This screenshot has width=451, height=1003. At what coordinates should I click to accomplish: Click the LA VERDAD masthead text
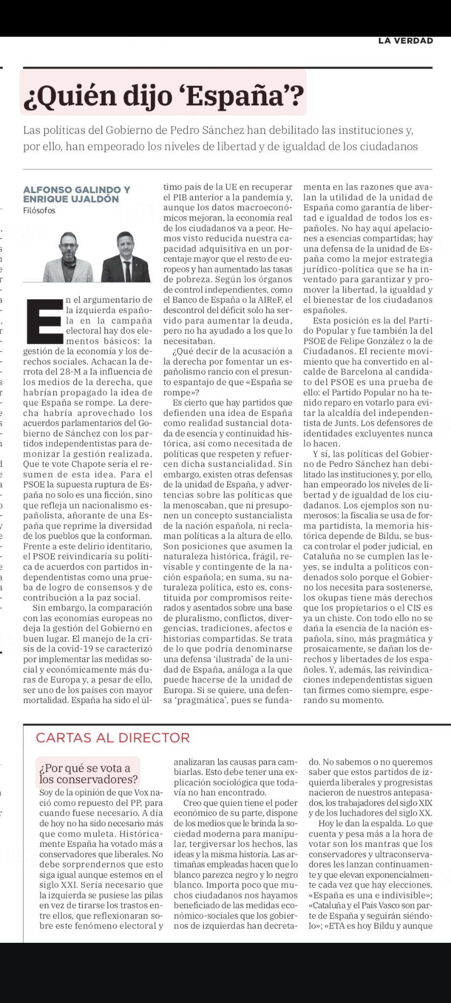point(405,41)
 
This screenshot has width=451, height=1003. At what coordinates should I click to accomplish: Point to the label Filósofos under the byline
point(39,211)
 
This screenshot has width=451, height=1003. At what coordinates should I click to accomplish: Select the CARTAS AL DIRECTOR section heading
point(113,738)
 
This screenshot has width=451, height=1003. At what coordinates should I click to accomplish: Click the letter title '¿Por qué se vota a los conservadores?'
point(88,773)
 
